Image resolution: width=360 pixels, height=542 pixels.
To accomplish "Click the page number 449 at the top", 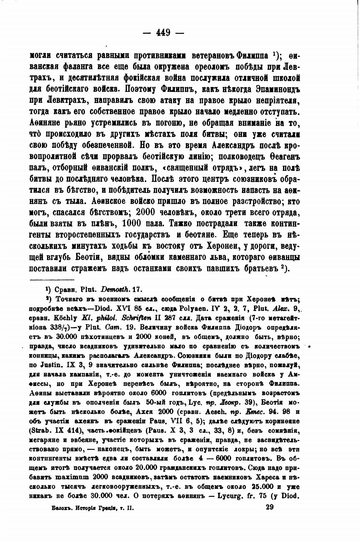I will [x=163, y=33].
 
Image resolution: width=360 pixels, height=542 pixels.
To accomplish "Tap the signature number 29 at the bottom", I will [x=270, y=507].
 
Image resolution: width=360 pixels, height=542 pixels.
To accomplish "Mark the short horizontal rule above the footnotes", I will [x=52, y=280].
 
